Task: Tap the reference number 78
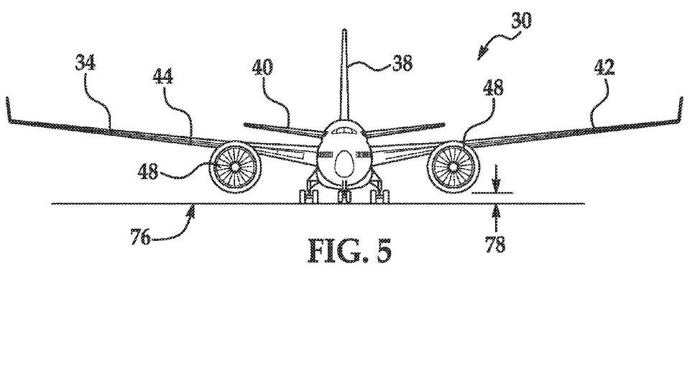tap(496, 244)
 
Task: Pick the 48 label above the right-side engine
tap(493, 88)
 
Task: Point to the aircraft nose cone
tap(345, 165)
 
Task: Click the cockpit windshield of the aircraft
tap(345, 132)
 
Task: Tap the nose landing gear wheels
tap(345, 194)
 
